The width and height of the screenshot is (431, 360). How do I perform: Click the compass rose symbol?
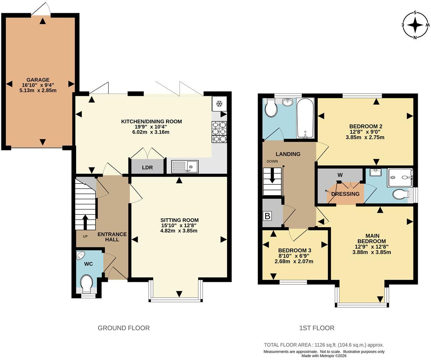(415, 25)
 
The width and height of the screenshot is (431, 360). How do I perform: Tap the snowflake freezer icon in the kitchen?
(219, 104)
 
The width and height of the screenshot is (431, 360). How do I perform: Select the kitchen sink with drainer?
(185, 166)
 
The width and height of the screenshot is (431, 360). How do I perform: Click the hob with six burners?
(219, 132)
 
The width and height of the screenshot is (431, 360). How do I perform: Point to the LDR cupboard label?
(147, 167)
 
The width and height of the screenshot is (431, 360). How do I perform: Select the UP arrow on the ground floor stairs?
(85, 222)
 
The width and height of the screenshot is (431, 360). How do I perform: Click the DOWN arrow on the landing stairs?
(272, 176)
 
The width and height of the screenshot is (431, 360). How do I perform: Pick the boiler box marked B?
(267, 216)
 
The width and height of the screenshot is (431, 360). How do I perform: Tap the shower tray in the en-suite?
(400, 178)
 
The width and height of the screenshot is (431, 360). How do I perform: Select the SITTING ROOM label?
(179, 220)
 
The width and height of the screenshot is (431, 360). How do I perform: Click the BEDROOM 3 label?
(295, 250)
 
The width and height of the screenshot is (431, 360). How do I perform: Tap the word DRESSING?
(345, 194)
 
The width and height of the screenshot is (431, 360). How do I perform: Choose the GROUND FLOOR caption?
(124, 328)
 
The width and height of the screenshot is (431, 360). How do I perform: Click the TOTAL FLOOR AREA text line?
(324, 345)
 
